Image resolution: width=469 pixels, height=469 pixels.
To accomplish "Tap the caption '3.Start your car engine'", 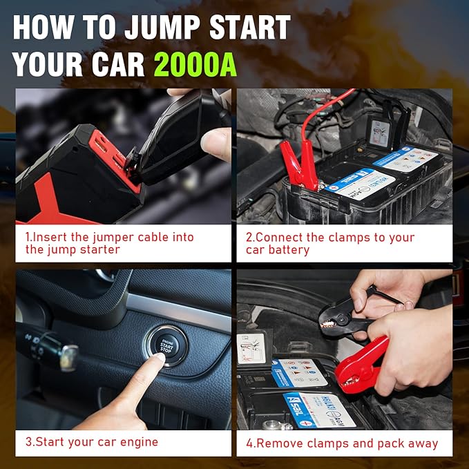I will pos(92,442).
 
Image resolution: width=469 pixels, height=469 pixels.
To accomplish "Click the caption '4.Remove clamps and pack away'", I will pos(342,443).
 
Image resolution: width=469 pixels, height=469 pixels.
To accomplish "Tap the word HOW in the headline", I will pos(44,28).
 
